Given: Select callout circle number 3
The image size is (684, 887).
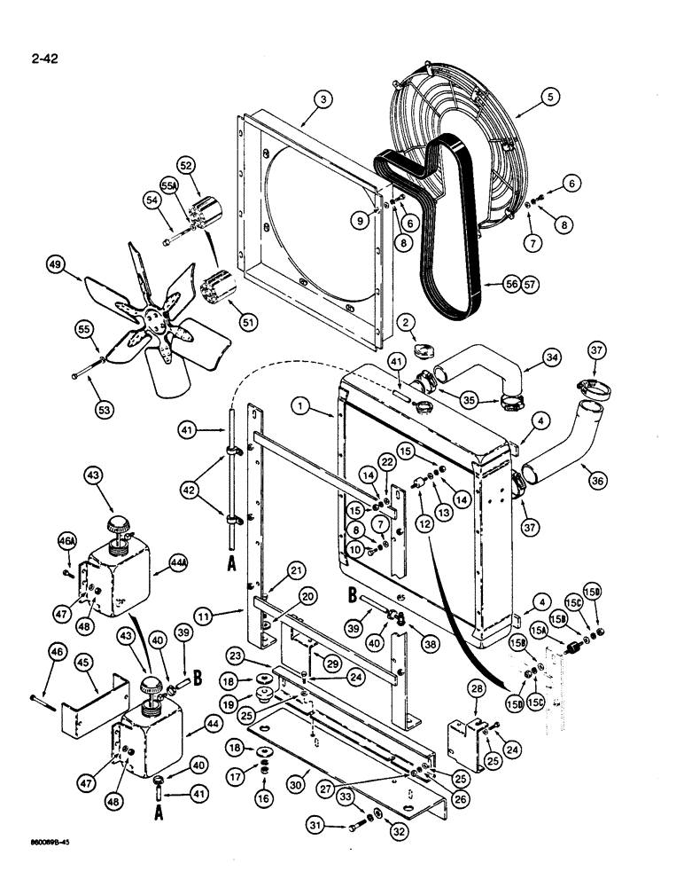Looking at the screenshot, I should [x=323, y=100].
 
